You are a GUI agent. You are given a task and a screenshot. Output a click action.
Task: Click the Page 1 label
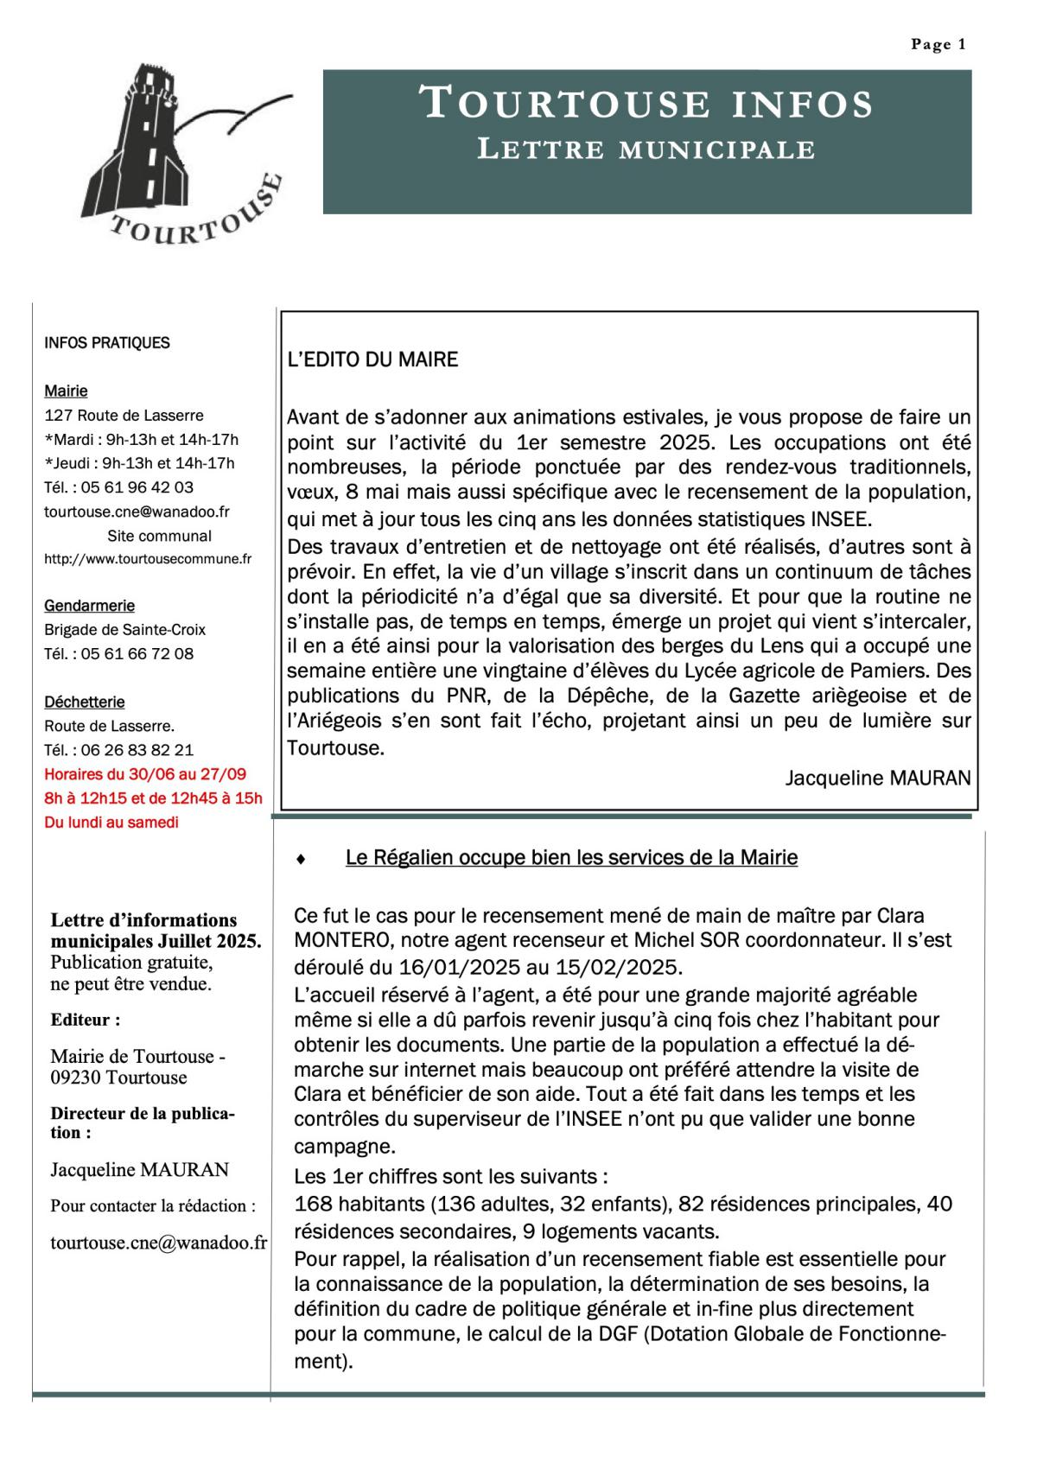938,45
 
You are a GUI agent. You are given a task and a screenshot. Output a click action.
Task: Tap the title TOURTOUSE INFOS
646,103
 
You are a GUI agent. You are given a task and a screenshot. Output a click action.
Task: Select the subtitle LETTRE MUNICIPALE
646,149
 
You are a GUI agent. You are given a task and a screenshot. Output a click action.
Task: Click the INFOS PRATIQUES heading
106,343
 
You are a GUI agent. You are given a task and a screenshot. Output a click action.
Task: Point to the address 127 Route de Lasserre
124,416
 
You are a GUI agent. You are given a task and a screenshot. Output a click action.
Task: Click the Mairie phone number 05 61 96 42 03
137,487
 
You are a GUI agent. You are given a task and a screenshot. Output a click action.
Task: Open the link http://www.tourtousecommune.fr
148,559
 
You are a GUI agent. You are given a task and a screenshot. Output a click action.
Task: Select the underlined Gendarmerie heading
89,606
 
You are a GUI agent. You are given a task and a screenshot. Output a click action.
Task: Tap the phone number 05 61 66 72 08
137,654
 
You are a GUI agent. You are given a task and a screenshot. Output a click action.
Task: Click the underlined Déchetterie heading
85,703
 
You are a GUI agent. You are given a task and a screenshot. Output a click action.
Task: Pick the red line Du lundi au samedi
111,823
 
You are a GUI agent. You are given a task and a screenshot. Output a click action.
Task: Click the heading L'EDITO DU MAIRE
372,360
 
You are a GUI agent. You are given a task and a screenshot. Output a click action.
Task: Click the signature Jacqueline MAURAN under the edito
877,778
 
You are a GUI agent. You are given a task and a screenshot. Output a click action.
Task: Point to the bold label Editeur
85,1020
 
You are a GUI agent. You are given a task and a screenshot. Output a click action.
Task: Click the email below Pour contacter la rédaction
158,1243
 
